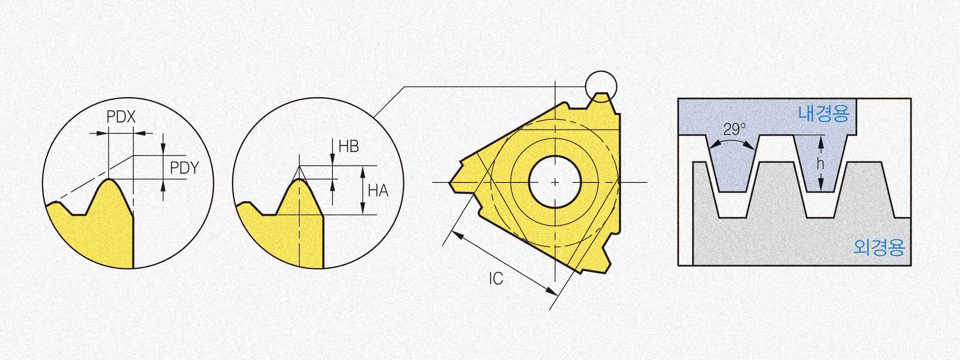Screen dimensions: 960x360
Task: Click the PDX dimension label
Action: pos(121,117)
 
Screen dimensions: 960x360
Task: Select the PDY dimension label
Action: pos(185,168)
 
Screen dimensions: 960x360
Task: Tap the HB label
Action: pos(349,146)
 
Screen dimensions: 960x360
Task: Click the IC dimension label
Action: pos(496,279)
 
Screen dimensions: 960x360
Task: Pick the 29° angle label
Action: pos(734,129)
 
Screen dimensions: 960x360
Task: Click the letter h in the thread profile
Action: pos(820,163)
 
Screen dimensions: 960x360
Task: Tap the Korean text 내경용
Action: pos(824,113)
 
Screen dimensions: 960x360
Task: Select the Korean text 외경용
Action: pos(879,247)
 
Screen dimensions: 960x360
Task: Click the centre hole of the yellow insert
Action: pos(555,182)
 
